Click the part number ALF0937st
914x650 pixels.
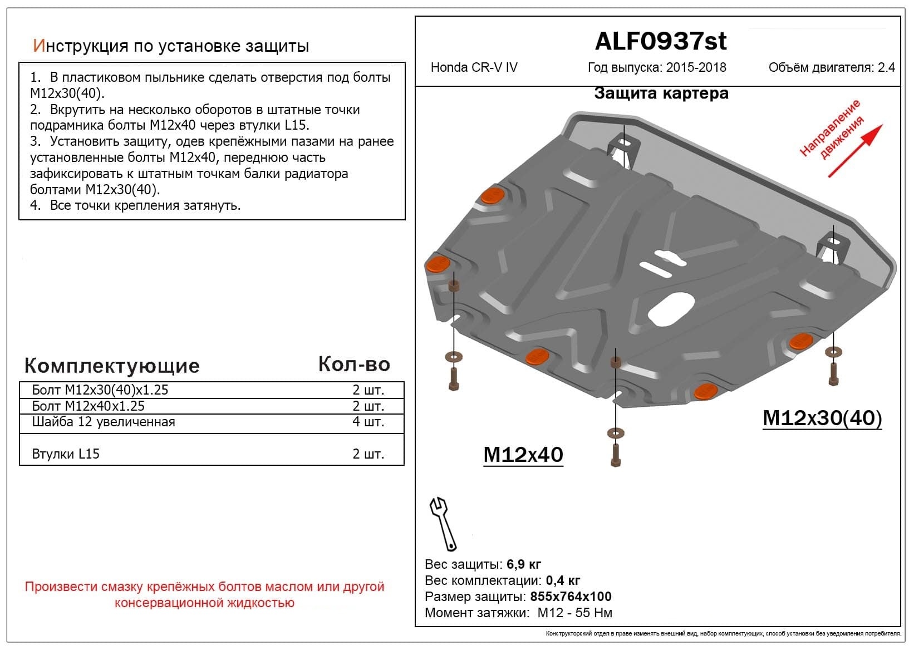click(661, 41)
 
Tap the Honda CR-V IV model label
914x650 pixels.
click(474, 68)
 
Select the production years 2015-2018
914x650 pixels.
click(696, 68)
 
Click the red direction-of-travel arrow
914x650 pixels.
click(855, 151)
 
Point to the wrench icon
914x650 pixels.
click(443, 523)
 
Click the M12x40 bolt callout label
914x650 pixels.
click(523, 455)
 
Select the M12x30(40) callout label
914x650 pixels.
click(822, 418)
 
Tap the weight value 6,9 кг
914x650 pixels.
click(524, 564)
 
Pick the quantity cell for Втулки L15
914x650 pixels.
click(368, 454)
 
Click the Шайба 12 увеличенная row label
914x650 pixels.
click(104, 422)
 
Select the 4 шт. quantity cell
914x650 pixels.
click(368, 422)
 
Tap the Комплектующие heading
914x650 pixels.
click(112, 366)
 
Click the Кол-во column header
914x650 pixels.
click(354, 364)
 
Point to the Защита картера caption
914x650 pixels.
click(661, 93)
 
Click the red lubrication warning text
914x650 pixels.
click(204, 594)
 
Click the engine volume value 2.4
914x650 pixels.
click(886, 68)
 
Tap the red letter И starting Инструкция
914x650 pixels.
click(38, 46)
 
